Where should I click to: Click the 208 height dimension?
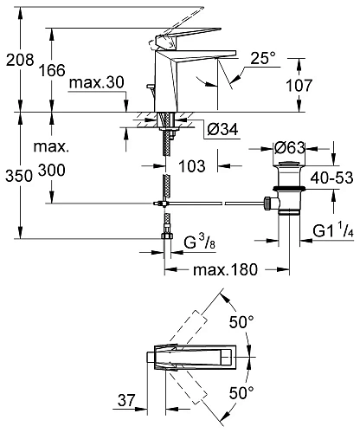(x=20, y=60)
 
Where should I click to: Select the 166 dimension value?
(x=52, y=70)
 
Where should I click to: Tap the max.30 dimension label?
(x=97, y=83)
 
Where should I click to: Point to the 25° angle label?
(x=262, y=58)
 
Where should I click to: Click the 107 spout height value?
(x=299, y=86)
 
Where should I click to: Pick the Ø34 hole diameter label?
(x=223, y=129)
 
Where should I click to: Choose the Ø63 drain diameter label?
(x=289, y=148)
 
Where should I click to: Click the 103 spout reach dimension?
(x=192, y=166)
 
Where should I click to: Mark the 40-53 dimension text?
(x=332, y=178)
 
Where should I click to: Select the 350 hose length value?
(x=19, y=176)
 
